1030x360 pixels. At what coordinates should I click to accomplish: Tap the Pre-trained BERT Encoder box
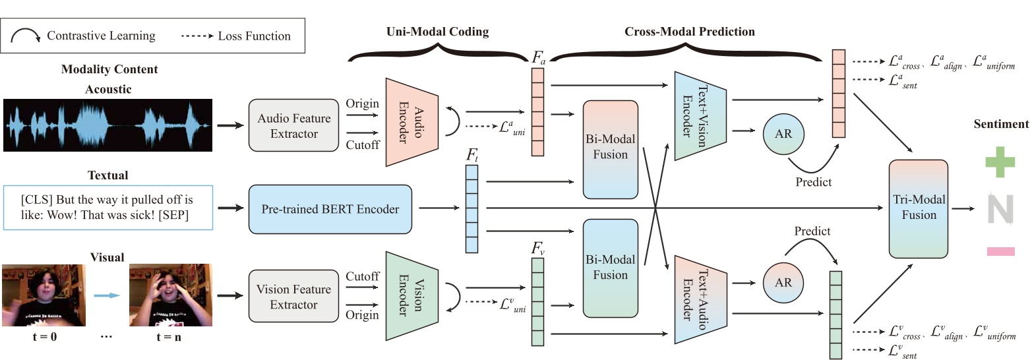(330, 209)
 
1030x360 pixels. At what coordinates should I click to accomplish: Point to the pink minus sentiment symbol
(1000, 251)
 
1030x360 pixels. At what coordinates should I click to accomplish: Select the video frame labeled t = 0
(44, 295)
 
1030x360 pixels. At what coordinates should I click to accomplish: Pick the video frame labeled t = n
(170, 295)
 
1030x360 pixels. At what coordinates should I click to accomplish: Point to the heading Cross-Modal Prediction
(690, 31)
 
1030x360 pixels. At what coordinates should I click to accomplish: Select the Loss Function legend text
(254, 36)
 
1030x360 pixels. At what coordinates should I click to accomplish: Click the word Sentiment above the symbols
(1000, 124)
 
